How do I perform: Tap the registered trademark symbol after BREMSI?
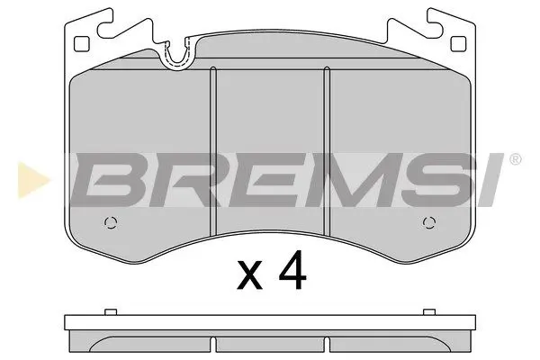tap(515, 160)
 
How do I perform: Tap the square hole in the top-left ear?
tap(82, 42)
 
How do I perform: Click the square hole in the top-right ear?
tap(456, 42)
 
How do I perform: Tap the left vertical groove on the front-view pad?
tap(213, 148)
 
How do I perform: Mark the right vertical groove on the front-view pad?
tap(326, 148)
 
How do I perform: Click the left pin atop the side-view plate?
tap(112, 312)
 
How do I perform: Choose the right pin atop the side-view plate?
tap(426, 312)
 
